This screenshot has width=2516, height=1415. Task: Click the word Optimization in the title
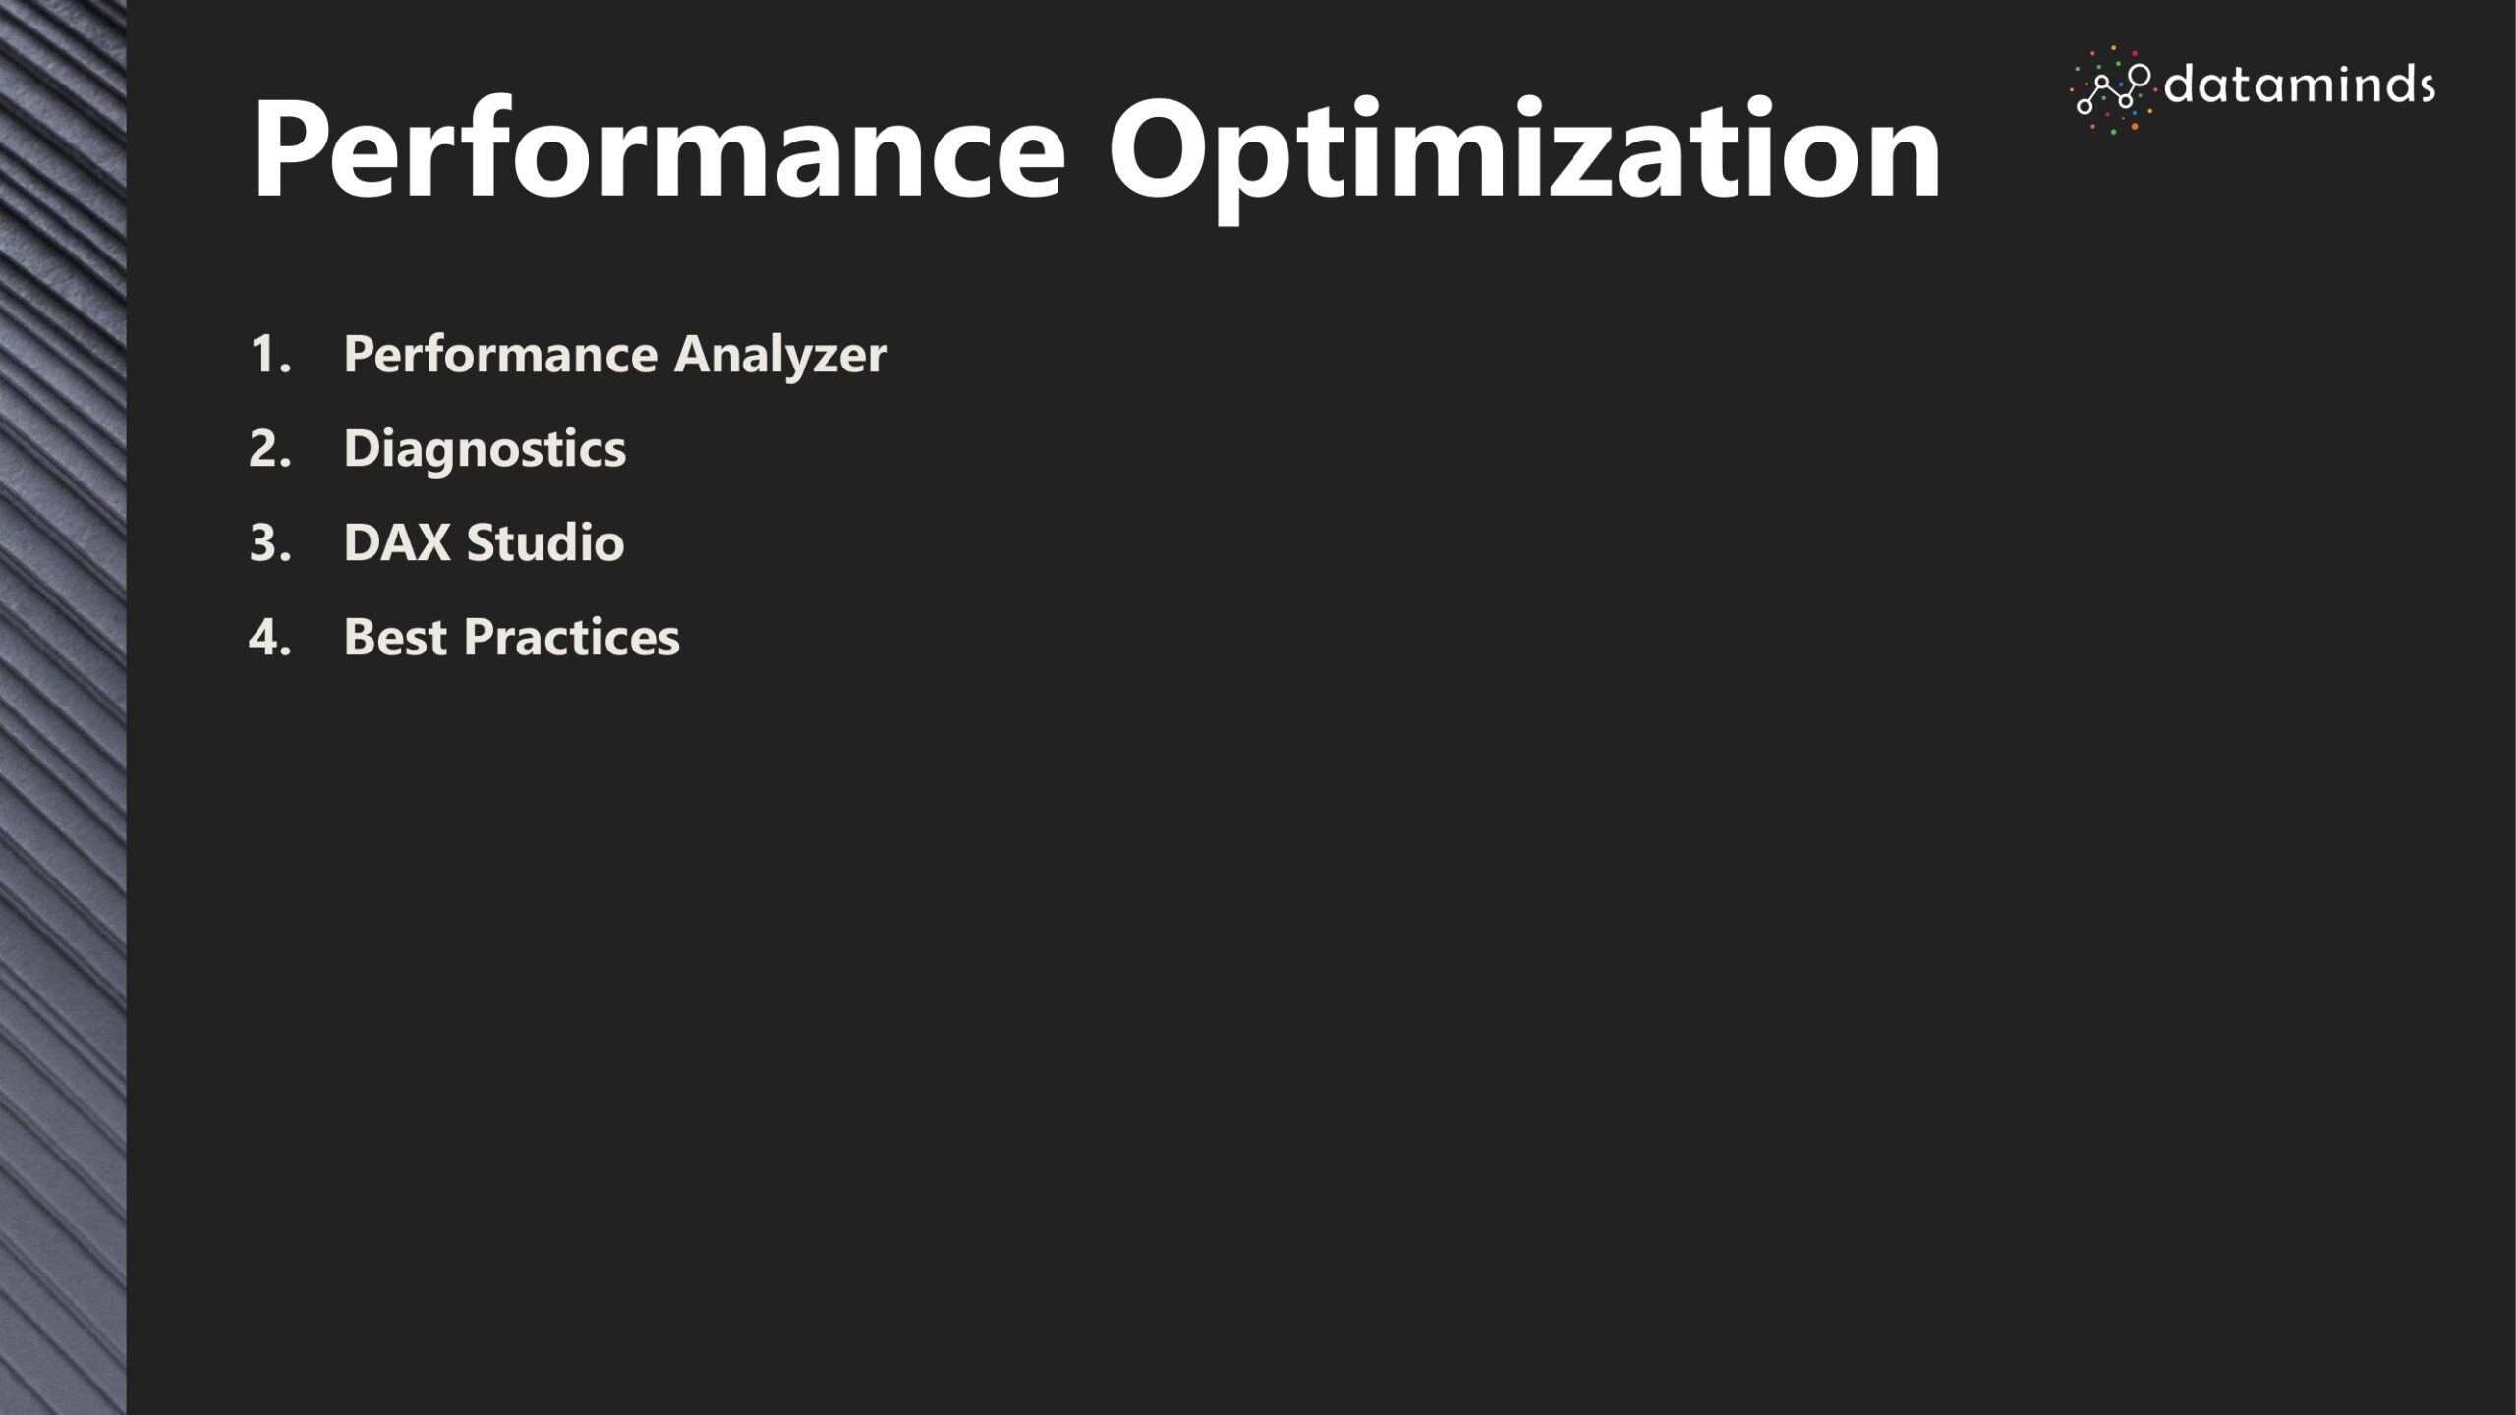coord(1524,157)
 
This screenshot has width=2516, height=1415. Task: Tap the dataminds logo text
coord(2300,86)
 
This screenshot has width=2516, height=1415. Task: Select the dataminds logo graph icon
coord(2111,89)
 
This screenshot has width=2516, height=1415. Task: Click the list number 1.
coord(269,354)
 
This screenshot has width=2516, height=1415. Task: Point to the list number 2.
coord(269,448)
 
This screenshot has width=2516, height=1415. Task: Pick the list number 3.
coord(269,542)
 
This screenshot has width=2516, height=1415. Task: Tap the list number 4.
coord(269,637)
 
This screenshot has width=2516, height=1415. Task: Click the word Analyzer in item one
coord(780,356)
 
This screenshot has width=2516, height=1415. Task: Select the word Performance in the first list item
coord(500,354)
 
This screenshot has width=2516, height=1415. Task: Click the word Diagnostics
coord(485,450)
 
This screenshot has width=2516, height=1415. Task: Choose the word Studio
coord(545,541)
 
